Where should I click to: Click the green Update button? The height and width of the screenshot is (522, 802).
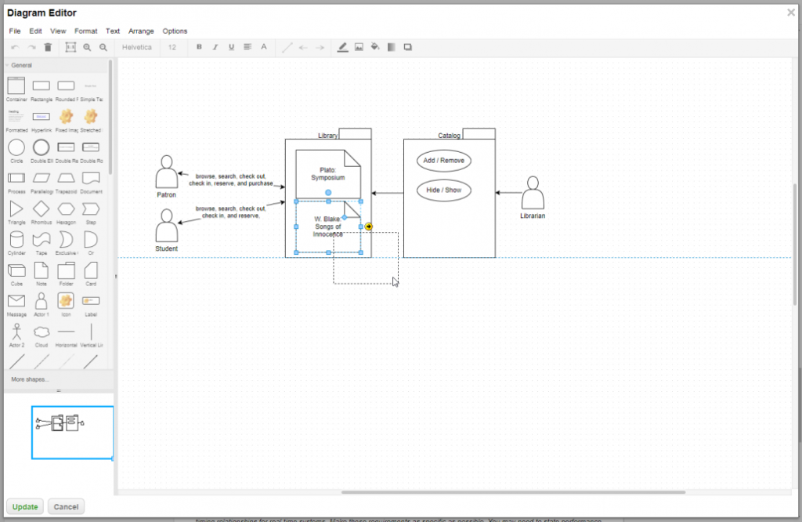point(25,506)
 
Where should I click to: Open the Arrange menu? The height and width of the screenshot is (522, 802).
point(141,31)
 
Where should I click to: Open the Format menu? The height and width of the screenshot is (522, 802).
point(86,31)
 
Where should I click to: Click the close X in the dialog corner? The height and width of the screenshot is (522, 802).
point(790,12)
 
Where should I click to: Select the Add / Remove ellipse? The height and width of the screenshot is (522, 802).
point(443,161)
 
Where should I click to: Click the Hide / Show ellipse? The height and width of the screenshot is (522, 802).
point(443,190)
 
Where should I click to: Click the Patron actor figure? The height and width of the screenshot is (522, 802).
point(166,172)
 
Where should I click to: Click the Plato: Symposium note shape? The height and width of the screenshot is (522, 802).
point(327,173)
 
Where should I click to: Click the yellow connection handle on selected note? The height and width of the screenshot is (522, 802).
point(369,227)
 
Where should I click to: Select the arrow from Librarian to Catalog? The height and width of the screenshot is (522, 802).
point(509,193)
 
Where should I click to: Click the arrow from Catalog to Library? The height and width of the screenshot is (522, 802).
point(387,193)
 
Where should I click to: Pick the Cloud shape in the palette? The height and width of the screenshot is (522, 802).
point(42,332)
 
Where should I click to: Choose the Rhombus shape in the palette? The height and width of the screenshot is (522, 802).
point(42,209)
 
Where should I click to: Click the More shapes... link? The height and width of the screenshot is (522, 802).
point(31,379)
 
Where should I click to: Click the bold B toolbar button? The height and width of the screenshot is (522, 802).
point(199,47)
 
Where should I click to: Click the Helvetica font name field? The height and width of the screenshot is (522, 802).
point(137,47)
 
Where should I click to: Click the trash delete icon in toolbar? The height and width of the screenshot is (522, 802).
point(48,47)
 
